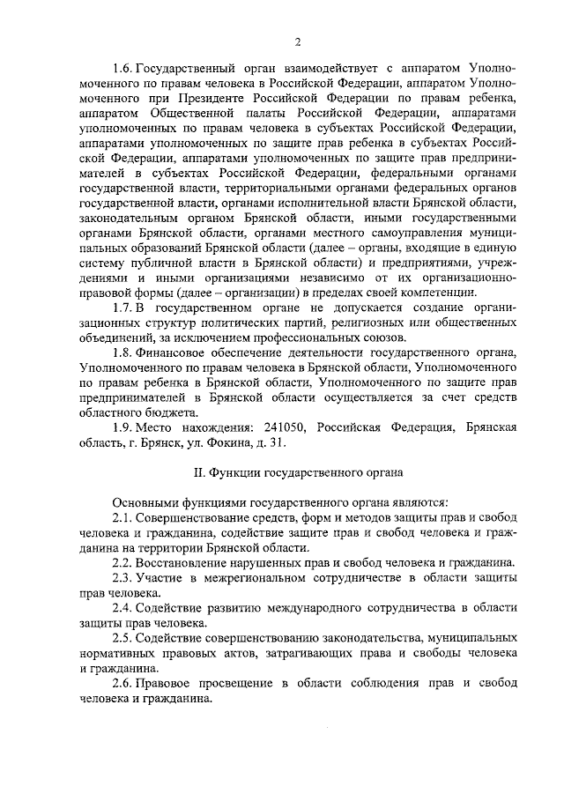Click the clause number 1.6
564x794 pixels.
coord(123,69)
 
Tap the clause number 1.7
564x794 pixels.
coord(123,307)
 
